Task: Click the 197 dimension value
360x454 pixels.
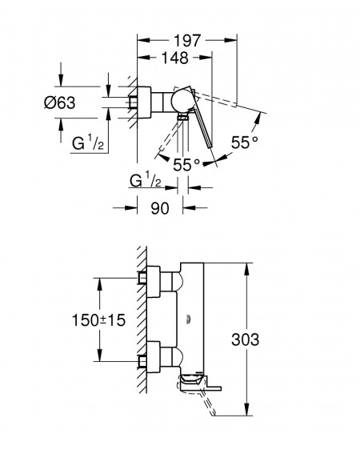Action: coord(187,41)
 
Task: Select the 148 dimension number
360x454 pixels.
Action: coord(174,58)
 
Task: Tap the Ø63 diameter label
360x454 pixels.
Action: coord(60,102)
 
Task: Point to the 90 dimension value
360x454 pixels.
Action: coord(160,208)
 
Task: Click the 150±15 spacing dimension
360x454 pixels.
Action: coord(98,320)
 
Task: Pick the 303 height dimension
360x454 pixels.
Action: coord(245,339)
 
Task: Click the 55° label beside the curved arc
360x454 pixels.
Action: coord(245,143)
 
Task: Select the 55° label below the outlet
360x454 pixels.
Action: coord(186,165)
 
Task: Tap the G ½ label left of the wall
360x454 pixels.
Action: coord(88,143)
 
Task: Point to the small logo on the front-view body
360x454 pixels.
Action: coord(188,319)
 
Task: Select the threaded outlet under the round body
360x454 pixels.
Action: coord(182,117)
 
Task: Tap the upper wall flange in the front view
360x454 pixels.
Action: coord(154,281)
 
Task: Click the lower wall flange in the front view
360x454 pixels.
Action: coord(154,357)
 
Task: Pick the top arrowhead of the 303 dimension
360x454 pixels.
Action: coord(246,269)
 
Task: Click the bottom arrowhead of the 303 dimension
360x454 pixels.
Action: coord(246,409)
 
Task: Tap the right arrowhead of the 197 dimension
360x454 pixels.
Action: coord(230,40)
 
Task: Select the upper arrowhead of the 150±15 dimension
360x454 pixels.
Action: coord(99,284)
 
